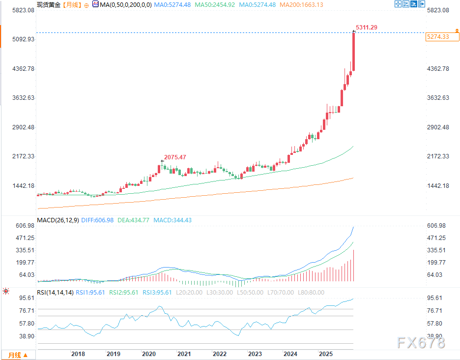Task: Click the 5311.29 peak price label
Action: [366, 27]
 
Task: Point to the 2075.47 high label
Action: [176, 157]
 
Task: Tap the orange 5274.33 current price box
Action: [437, 37]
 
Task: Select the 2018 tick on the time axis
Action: [78, 354]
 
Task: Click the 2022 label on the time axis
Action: [219, 354]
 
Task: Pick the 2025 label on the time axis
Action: [325, 354]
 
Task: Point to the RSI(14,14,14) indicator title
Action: [56, 292]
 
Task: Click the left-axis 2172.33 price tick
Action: [23, 156]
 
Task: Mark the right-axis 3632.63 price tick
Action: [438, 98]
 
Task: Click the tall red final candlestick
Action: [353, 52]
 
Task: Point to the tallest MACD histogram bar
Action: [353, 266]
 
